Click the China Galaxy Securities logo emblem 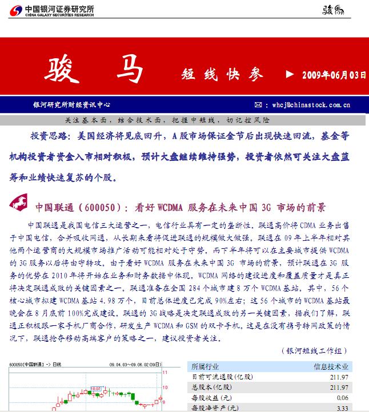click(x=16, y=10)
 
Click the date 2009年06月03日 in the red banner click(x=334, y=75)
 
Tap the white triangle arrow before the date click(x=290, y=75)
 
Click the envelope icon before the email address click(x=258, y=105)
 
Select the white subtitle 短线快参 click(x=223, y=75)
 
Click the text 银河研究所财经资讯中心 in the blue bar click(x=71, y=105)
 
